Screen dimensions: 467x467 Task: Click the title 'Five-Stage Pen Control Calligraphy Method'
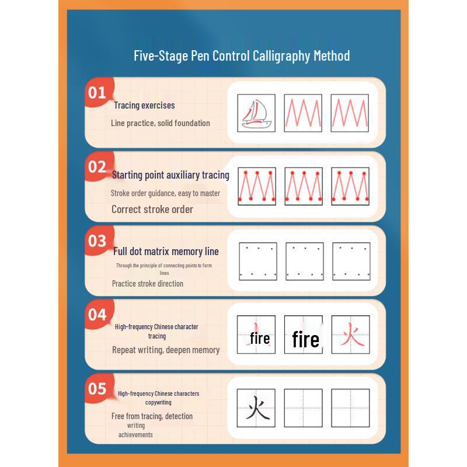(242, 56)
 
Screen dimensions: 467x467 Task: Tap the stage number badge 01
(97, 93)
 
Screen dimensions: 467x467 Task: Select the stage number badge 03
(97, 241)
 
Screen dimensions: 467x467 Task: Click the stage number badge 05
(97, 389)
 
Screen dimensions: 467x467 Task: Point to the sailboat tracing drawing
(256, 113)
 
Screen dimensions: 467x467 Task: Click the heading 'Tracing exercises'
(144, 106)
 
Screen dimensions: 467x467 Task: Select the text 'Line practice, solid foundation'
(160, 123)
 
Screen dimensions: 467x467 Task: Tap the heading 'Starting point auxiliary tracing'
(170, 175)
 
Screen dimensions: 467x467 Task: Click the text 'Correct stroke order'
(152, 210)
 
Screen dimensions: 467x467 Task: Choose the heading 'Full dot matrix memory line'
(166, 252)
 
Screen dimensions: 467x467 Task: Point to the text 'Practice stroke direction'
(148, 284)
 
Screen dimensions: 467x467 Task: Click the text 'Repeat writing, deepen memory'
(166, 350)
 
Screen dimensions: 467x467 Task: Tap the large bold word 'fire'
(305, 340)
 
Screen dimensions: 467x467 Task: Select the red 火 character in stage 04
(350, 335)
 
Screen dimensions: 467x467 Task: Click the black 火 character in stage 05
(256, 408)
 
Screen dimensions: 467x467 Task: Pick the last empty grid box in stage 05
(350, 408)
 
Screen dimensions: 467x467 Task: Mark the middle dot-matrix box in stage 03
(304, 261)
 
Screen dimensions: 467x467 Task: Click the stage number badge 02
(97, 167)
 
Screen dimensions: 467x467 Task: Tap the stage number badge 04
(97, 315)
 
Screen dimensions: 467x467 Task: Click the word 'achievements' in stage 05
(135, 435)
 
